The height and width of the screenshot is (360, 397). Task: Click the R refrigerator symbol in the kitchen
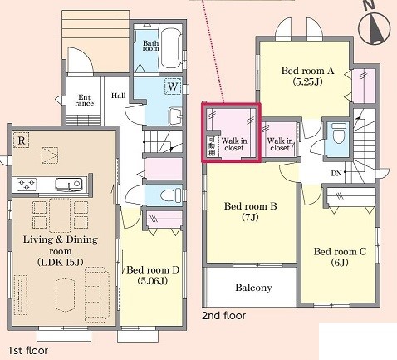[22, 141]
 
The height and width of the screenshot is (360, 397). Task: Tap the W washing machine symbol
[173, 86]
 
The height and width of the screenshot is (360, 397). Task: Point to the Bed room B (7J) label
[250, 211]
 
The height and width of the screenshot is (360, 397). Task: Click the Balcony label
[253, 288]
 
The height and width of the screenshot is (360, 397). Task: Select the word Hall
[119, 96]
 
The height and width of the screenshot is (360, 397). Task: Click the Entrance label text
[84, 101]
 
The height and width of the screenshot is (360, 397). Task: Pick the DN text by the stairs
[336, 174]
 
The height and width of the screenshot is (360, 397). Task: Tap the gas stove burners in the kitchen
[27, 184]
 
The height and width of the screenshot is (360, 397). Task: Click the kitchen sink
[69, 184]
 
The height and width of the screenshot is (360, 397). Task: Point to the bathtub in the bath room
[171, 48]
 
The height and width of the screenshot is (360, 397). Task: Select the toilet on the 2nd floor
[339, 133]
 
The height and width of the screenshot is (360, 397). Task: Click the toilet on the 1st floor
[170, 195]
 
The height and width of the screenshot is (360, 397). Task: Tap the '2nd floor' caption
[223, 316]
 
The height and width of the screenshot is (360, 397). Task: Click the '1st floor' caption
[28, 351]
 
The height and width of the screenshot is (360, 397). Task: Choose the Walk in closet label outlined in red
[234, 145]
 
